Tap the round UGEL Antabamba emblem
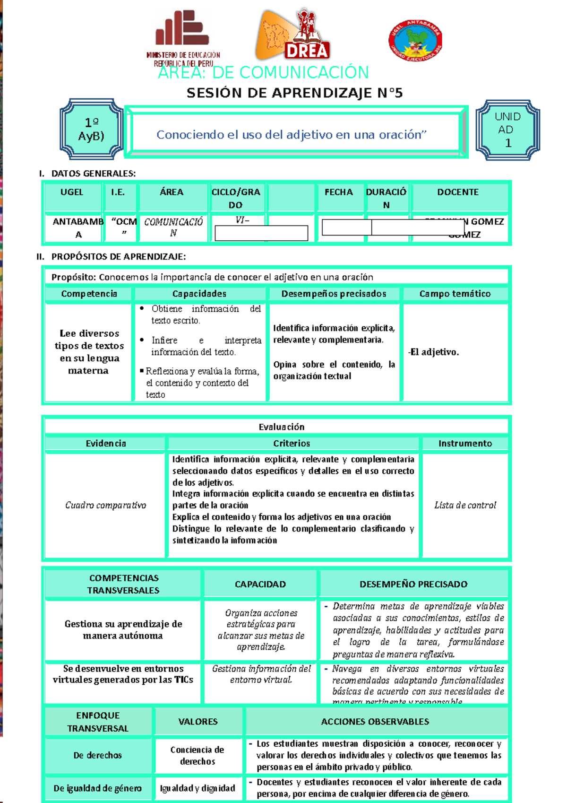coord(415,40)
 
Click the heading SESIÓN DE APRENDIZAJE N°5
coord(294,93)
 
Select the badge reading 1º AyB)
coord(91,129)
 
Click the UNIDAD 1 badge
coord(507,130)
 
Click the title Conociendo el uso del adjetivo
coord(292,135)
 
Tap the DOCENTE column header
coord(457,192)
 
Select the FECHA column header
coord(338,192)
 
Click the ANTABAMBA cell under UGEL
coord(78,227)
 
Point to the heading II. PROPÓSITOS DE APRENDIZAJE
coord(112,257)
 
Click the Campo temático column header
coord(455,294)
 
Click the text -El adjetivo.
coord(434,352)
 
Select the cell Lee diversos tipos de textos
coord(89,352)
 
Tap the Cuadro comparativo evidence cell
coord(105,505)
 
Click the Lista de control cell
coord(465,505)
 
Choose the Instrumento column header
coord(465,443)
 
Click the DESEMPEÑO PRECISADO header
coord(413,584)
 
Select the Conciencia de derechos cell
coord(198,755)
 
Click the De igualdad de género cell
coord(97,788)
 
